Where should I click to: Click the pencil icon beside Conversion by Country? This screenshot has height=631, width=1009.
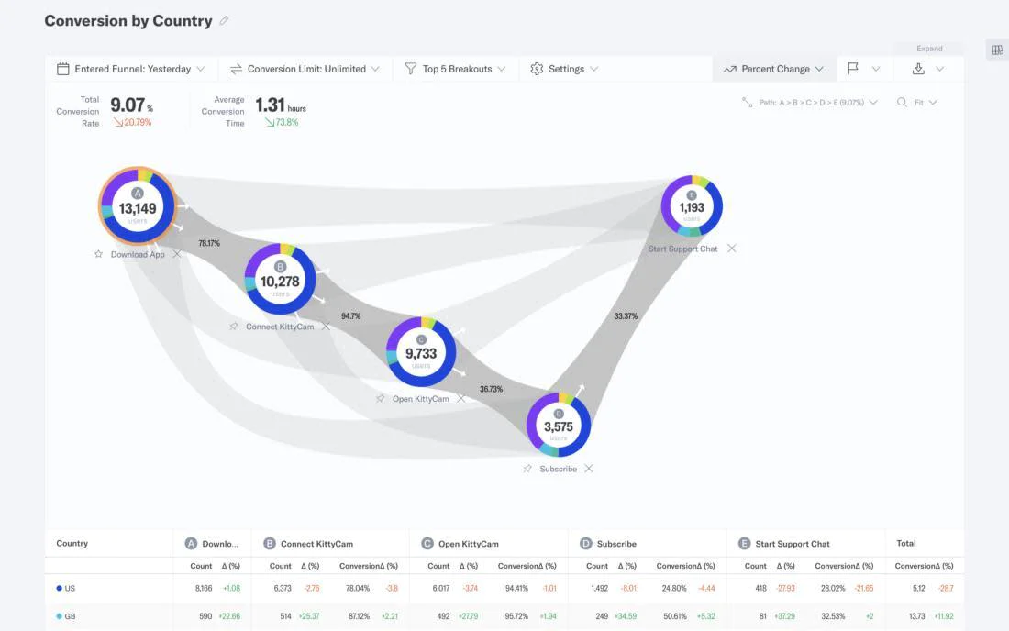(225, 21)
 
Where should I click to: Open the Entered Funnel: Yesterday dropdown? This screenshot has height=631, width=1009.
(131, 69)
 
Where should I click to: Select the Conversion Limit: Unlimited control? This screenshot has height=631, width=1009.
(305, 69)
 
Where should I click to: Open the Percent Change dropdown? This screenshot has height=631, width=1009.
(773, 69)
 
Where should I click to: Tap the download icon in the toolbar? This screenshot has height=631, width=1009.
(918, 69)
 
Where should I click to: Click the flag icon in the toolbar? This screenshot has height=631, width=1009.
(853, 69)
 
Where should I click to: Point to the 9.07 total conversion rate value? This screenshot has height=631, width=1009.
(128, 105)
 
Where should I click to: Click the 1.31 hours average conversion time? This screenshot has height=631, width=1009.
(272, 105)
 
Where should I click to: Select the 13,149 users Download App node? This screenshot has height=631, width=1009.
(138, 205)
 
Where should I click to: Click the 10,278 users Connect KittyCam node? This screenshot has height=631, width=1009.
(280, 280)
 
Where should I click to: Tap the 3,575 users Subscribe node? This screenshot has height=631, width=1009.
(558, 426)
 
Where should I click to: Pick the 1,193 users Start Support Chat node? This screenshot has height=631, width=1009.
(692, 206)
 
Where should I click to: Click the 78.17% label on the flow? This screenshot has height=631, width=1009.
(209, 244)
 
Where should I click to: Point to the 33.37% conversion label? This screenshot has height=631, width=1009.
(626, 316)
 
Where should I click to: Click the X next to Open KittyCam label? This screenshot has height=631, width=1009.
(461, 399)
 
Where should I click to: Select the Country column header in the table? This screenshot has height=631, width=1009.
(72, 543)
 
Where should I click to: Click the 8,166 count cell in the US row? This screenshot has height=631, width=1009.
(205, 588)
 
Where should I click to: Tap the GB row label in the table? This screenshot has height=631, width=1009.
(70, 616)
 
